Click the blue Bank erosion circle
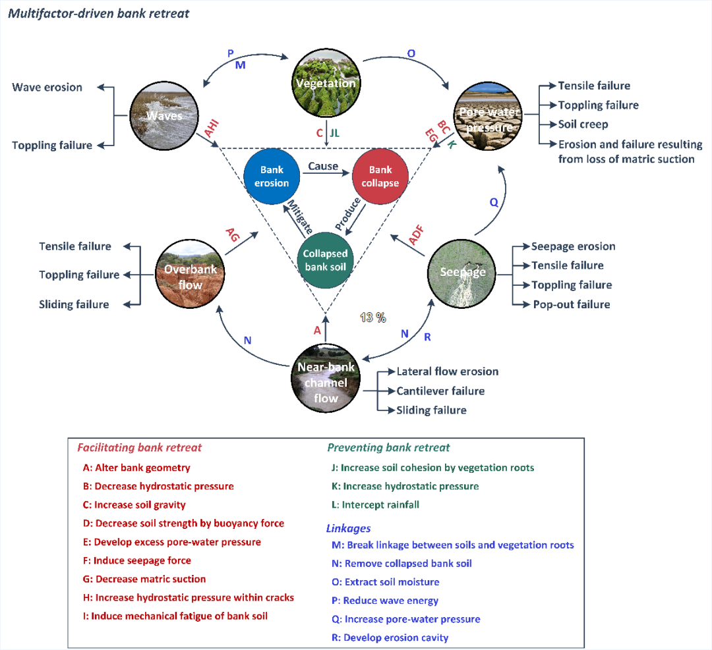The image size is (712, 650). [272, 176]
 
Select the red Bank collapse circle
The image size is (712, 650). [380, 176]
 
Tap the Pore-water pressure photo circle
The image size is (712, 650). [490, 117]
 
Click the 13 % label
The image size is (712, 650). [372, 317]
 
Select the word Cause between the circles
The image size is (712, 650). [323, 167]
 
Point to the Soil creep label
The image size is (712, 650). [583, 124]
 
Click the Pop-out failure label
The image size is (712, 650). [571, 304]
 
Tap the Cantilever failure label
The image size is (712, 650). [440, 391]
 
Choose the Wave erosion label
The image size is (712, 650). [47, 87]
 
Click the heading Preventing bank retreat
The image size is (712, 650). [388, 448]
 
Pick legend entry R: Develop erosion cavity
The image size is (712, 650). [390, 637]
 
